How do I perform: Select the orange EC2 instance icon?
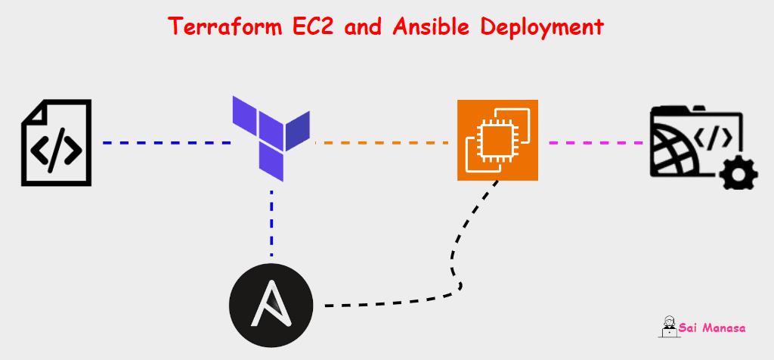coord(497,141)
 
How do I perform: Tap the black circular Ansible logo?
coord(271,305)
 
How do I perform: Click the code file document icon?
coord(56,143)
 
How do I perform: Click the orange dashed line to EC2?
coord(385,142)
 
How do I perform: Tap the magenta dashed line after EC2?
coord(594,142)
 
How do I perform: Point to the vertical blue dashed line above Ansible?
coord(271,223)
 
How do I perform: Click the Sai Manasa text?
coord(712,328)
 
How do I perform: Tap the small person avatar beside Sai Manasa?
coord(667,327)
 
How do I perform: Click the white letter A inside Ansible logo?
coord(271,306)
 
